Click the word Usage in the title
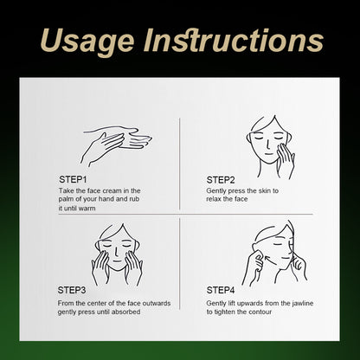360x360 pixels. point(87,42)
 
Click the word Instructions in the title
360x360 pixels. point(234,41)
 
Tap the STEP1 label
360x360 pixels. point(73,179)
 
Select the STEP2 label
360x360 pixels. point(221,180)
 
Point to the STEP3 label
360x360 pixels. point(72,290)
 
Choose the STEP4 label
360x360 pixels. point(221,290)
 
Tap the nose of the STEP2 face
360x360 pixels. point(268,145)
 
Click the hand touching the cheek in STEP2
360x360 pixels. point(286,160)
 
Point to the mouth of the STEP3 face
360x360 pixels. point(118,261)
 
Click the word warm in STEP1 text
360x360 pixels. point(87,208)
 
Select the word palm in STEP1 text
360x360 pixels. point(66,199)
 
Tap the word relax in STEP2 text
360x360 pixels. point(214,199)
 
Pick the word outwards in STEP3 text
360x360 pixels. point(157,303)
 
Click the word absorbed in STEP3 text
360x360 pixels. point(126,312)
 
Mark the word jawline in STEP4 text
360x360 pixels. point(302,304)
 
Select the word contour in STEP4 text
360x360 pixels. point(260,312)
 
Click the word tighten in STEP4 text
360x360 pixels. point(224,312)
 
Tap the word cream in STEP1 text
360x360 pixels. point(112,190)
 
